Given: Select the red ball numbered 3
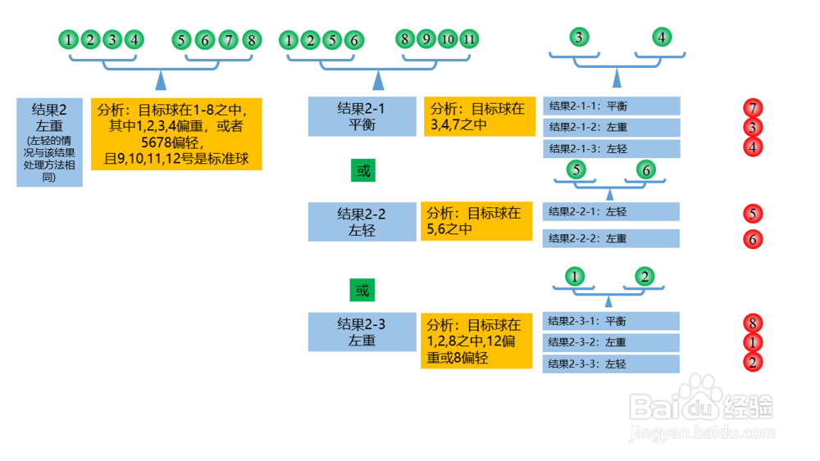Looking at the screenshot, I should (x=752, y=128).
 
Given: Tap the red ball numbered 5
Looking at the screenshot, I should (x=752, y=215).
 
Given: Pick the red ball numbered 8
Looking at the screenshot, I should (x=752, y=322).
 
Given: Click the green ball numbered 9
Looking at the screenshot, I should (x=426, y=38).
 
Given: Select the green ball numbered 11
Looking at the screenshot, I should (x=468, y=38).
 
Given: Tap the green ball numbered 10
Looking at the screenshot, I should (x=447, y=38).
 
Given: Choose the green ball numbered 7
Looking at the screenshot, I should (x=229, y=39).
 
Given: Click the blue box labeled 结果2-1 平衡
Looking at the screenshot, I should (x=362, y=116).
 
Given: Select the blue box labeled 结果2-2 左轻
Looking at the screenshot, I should (x=362, y=222).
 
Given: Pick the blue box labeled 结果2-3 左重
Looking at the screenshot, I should (x=362, y=332).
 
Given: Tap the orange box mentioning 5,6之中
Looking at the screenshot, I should (x=476, y=222).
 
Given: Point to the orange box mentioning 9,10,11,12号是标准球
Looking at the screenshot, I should (x=176, y=133).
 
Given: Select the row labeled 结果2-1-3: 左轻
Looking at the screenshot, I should (x=611, y=149).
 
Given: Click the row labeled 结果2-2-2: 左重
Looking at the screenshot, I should (x=611, y=238).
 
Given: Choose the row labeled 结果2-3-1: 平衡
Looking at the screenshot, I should (x=611, y=321).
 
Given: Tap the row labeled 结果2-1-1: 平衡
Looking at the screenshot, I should (x=611, y=106).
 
